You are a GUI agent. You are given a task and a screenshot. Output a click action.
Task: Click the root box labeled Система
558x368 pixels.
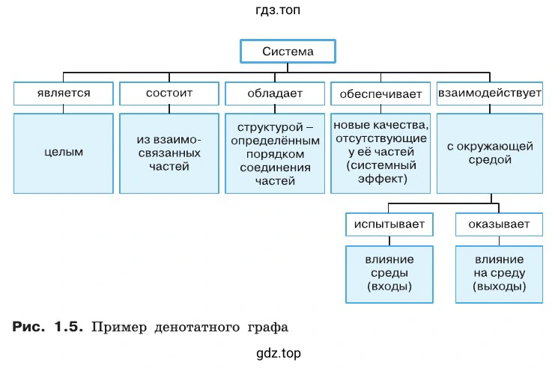(x=287, y=52)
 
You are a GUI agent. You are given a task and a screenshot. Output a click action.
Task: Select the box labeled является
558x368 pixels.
(x=63, y=93)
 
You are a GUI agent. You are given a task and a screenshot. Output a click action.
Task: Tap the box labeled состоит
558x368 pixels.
(x=169, y=93)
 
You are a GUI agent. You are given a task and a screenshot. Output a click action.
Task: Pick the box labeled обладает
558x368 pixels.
(x=274, y=93)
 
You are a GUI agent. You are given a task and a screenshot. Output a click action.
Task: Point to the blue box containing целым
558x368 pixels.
(x=63, y=153)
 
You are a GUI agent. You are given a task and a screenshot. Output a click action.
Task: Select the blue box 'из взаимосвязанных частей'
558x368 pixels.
(x=169, y=153)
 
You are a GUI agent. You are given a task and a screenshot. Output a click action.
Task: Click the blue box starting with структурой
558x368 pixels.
(x=274, y=153)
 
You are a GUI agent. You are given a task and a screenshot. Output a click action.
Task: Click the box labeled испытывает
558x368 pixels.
(x=389, y=224)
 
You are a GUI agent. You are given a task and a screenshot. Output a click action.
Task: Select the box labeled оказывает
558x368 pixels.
(x=500, y=224)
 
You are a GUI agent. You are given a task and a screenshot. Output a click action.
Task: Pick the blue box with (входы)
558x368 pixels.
(x=389, y=274)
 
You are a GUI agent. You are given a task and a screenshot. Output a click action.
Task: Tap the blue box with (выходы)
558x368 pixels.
(x=500, y=274)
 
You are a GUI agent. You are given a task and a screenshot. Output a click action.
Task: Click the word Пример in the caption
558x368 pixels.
(x=118, y=327)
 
